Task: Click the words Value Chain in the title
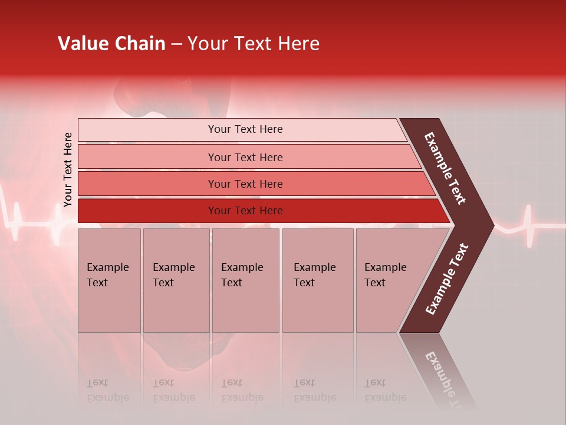tap(111, 44)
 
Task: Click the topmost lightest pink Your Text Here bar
tap(245, 129)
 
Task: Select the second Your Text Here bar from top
tap(245, 157)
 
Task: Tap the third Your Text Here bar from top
tap(245, 184)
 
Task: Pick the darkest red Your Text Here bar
tap(245, 211)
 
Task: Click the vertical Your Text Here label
tap(68, 169)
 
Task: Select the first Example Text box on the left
tap(109, 280)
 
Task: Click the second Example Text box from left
tap(176, 280)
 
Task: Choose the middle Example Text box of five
tap(245, 280)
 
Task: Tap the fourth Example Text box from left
tap(317, 280)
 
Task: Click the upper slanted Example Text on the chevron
tap(446, 168)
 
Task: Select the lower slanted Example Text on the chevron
tap(446, 279)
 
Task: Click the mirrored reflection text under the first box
tap(107, 390)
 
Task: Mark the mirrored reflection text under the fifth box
tap(385, 390)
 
